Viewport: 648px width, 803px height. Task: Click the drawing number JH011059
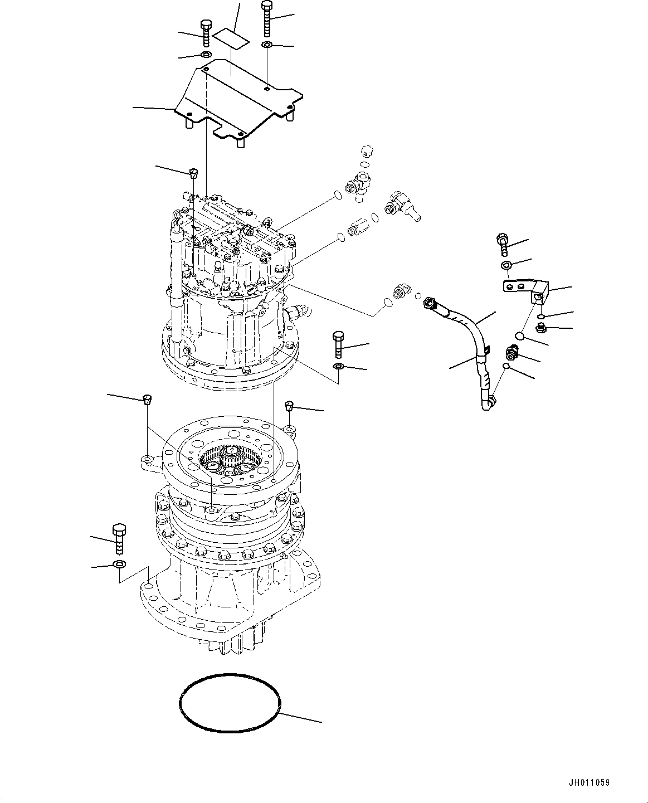click(589, 782)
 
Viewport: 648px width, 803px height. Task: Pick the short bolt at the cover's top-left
click(204, 33)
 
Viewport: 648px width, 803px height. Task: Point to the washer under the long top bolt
click(267, 45)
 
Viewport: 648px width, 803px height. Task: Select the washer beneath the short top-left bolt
click(204, 55)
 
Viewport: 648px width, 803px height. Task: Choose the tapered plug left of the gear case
click(148, 398)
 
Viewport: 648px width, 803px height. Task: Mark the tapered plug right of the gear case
click(289, 405)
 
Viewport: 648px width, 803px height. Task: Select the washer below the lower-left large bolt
click(119, 564)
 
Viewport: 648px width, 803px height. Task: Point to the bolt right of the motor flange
click(338, 344)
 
